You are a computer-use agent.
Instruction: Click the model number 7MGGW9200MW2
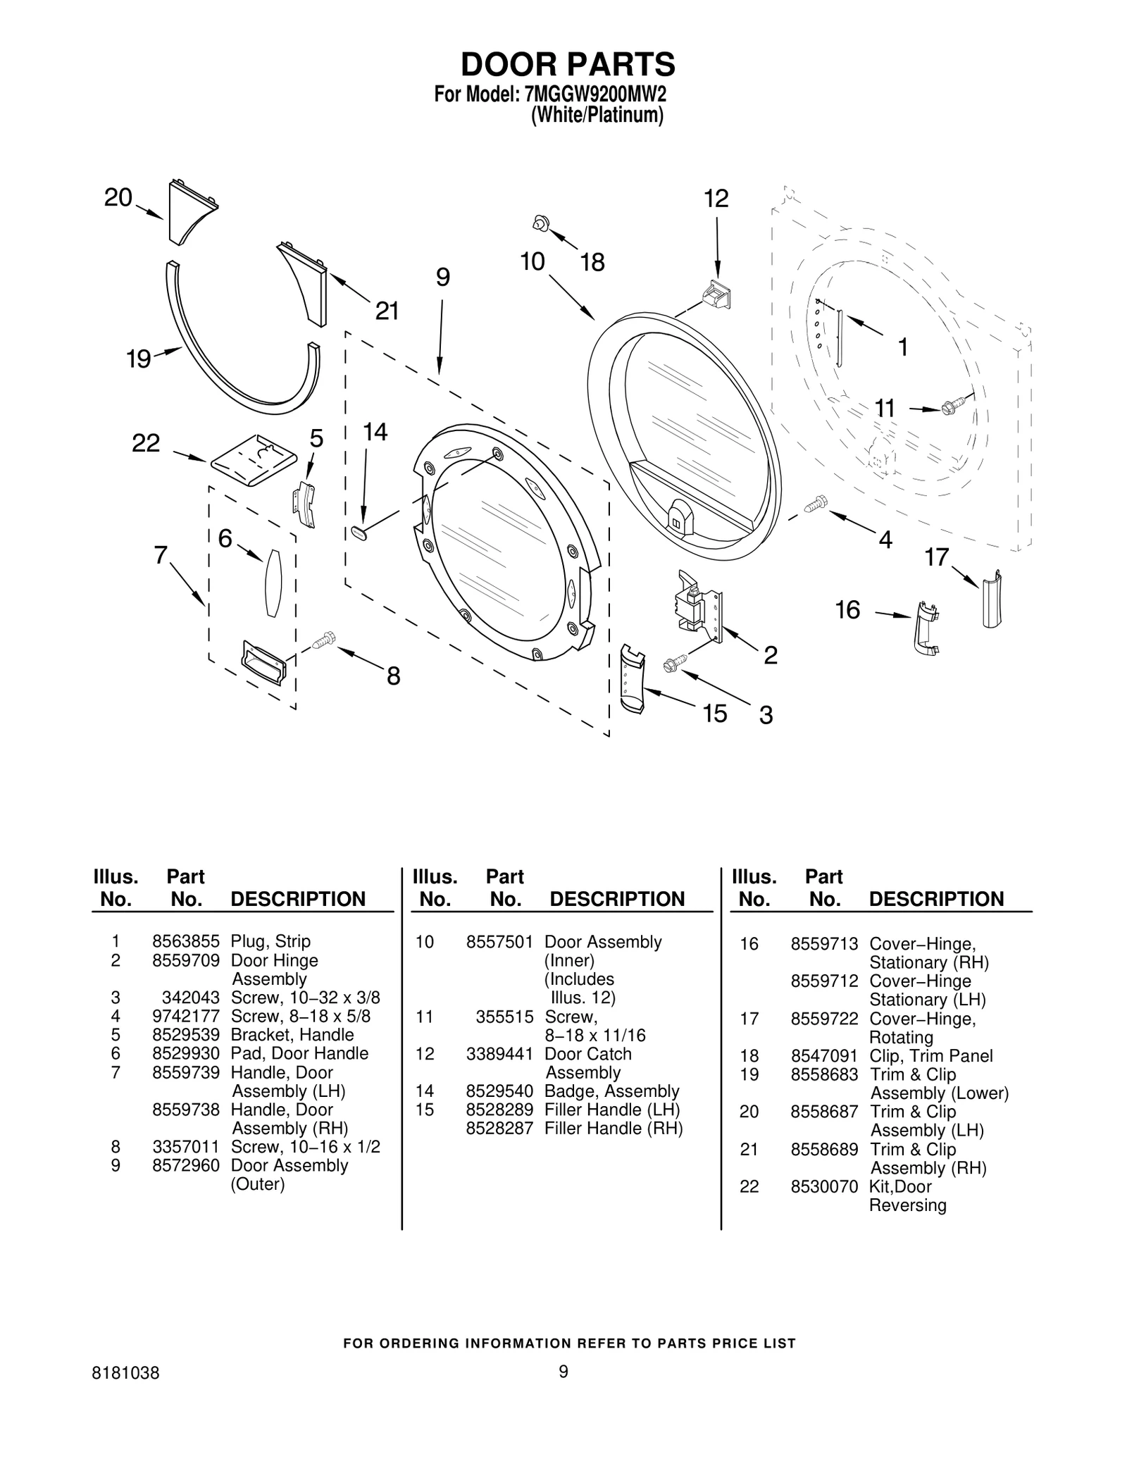click(x=594, y=94)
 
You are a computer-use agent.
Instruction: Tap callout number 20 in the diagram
click(x=118, y=197)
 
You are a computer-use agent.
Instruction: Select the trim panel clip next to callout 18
click(x=540, y=223)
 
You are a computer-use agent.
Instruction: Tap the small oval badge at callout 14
click(x=359, y=533)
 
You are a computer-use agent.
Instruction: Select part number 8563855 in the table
click(x=186, y=942)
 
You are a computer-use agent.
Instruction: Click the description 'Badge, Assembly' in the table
click(x=611, y=1091)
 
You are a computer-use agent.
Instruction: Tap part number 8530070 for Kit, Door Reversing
click(x=824, y=1186)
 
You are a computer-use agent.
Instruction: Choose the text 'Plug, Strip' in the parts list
click(x=270, y=942)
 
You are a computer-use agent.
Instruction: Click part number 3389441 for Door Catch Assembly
click(x=499, y=1054)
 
